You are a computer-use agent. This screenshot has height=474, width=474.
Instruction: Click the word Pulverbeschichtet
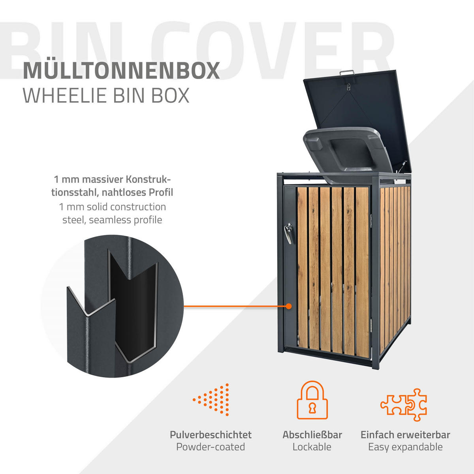(211, 435)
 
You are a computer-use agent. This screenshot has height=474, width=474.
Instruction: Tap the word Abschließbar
(312, 435)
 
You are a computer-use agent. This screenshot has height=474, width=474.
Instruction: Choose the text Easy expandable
(405, 447)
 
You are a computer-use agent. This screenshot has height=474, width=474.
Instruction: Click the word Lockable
(312, 447)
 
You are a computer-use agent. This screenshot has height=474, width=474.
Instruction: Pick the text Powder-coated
(211, 447)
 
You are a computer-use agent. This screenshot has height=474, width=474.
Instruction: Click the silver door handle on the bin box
(288, 233)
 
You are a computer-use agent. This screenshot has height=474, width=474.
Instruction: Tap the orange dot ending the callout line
(289, 306)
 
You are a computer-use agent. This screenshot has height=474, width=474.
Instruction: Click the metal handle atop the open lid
(347, 73)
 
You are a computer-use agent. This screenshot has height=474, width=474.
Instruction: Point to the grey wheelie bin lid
(348, 154)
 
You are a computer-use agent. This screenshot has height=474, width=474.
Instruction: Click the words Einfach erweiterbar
(405, 435)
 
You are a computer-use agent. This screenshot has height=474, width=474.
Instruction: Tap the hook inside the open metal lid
(348, 87)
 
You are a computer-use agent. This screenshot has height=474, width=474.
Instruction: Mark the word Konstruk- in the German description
(149, 179)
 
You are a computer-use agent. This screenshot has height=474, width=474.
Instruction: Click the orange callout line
(235, 306)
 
